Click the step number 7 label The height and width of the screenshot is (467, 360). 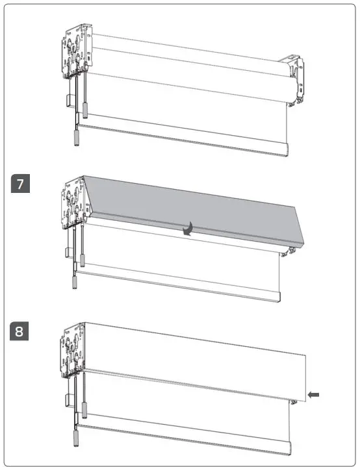tap(21, 183)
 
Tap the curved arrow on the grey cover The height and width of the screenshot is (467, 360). tap(188, 229)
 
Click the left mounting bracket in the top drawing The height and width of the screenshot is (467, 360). tap(77, 52)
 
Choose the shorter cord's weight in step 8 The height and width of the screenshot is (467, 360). tap(84, 409)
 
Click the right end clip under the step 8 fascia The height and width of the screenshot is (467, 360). tap(295, 401)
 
